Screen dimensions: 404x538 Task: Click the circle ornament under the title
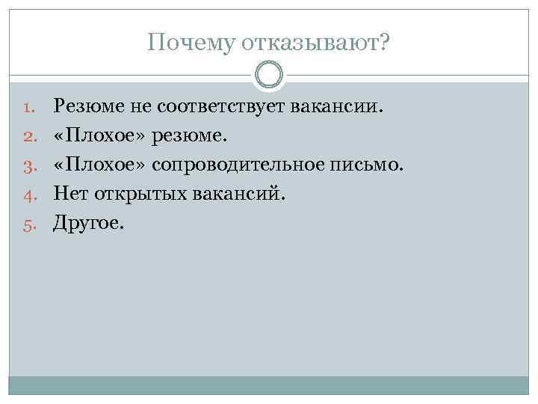269,75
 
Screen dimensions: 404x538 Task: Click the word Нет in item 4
69,193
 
